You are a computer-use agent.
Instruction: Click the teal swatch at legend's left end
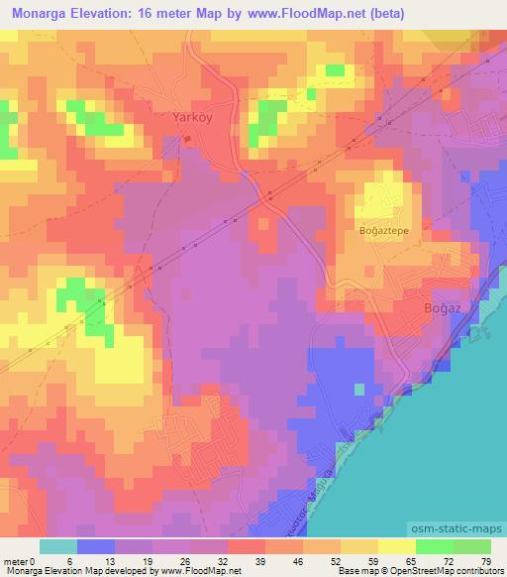57,545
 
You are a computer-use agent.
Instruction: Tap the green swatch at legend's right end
472,545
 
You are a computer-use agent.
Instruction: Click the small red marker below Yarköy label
188,138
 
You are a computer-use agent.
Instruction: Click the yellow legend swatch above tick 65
396,545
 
